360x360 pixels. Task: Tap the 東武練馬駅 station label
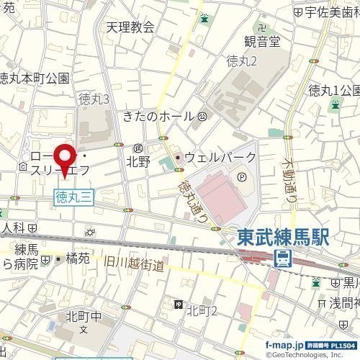pos(283,238)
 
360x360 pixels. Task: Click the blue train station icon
pos(283,258)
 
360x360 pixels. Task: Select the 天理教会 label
pos(130,27)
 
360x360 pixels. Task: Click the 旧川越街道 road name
pos(134,265)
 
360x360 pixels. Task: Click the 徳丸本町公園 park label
pos(34,78)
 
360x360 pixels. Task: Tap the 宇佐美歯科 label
pos(332,12)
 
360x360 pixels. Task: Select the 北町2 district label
pos(202,310)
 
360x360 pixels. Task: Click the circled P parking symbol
pos(241,174)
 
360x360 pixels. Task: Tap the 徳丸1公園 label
pos(333,90)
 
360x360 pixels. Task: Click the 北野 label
pos(138,162)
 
